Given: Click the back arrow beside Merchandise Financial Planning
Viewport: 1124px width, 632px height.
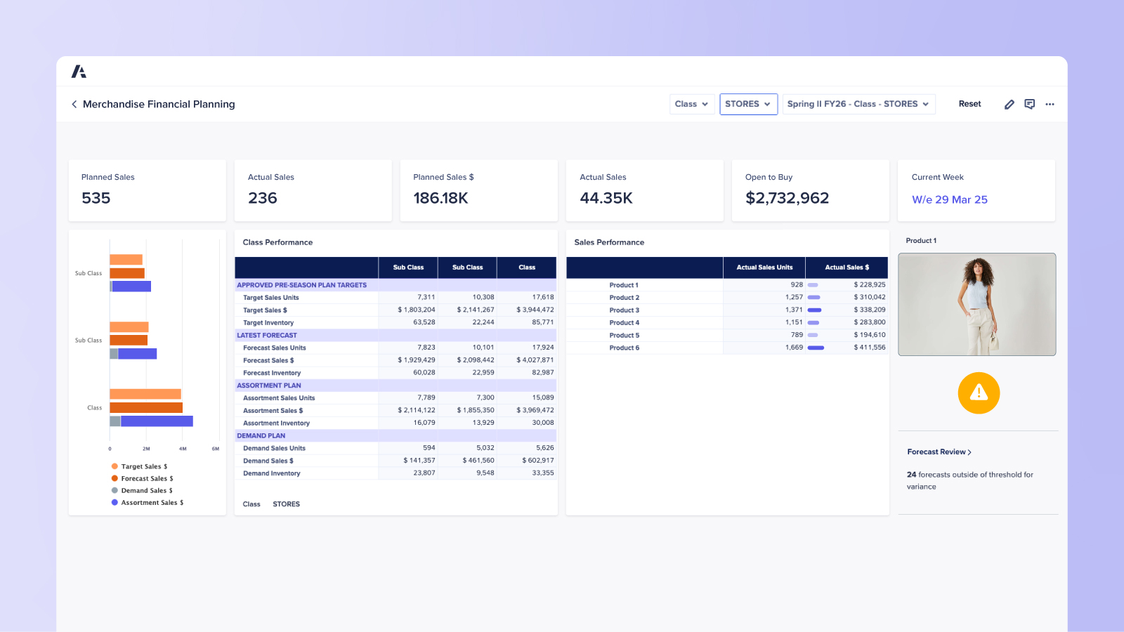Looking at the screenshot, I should (74, 104).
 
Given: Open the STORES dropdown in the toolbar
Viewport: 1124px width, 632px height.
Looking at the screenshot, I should (748, 104).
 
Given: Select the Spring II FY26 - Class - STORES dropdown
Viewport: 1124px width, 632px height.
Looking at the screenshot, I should (858, 104).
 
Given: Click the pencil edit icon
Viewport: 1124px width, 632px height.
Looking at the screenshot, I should (1009, 104).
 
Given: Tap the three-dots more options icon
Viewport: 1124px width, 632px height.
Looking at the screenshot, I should (1050, 104).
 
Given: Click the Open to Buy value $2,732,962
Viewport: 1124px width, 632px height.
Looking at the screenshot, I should (787, 198).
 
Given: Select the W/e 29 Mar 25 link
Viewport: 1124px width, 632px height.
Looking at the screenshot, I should (949, 199).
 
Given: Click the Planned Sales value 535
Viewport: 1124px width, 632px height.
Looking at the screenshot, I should (96, 198).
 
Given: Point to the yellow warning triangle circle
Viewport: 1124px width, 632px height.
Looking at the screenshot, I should (979, 393).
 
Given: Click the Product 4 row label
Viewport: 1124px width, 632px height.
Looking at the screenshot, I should (624, 322).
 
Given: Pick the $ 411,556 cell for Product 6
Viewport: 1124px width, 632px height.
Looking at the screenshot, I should (869, 347).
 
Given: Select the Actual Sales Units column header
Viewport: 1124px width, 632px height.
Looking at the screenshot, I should (764, 268).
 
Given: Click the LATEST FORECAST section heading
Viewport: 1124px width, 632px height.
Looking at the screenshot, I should (267, 335).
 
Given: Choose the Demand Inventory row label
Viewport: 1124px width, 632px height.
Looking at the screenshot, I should (272, 473).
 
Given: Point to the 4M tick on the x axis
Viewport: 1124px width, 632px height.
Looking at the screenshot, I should (183, 448).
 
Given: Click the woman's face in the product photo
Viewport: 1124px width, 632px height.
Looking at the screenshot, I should (978, 270).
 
